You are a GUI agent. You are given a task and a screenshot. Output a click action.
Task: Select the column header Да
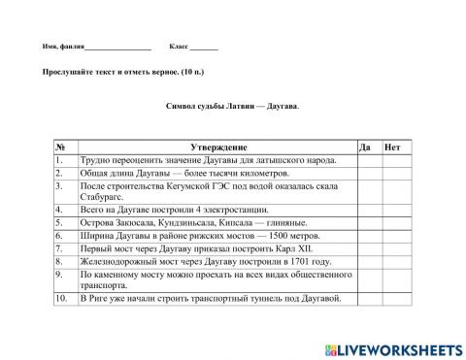pyautogui.click(x=365, y=147)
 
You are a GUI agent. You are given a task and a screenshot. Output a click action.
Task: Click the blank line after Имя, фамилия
pyautogui.click(x=117, y=47)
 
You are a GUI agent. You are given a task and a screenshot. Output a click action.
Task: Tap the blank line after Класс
pyautogui.click(x=204, y=47)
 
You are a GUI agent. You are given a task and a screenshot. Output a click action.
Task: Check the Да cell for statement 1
pyautogui.click(x=368, y=160)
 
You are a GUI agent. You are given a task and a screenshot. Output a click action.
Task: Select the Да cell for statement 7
pyautogui.click(x=368, y=247)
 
